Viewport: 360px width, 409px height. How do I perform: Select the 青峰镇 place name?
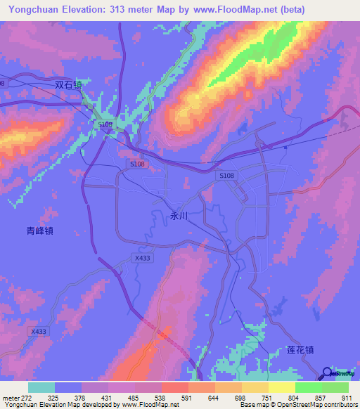(x=40, y=230)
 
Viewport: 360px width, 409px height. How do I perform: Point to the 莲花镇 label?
(x=300, y=349)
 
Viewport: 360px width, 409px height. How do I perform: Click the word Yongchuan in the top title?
(x=31, y=10)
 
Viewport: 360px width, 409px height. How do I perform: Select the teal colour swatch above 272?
(x=41, y=387)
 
